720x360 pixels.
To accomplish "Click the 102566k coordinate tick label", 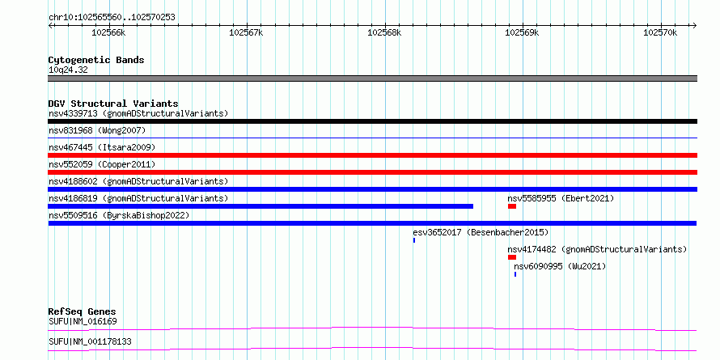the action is point(108,32).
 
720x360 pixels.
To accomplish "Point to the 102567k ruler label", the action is point(246,32).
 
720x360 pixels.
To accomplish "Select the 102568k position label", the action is point(384,32).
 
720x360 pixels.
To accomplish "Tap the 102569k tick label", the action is point(522,32).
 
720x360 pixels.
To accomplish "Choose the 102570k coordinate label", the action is point(660,32).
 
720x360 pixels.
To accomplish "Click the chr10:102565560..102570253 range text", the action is point(112,18).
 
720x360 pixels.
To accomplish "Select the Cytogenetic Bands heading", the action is point(96,60).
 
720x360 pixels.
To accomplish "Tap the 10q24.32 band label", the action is point(68,70).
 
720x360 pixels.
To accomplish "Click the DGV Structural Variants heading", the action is point(113,104).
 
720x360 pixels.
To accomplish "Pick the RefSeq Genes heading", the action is point(83,311).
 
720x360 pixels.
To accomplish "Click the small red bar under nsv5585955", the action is point(512,206).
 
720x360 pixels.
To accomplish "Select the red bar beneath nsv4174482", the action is point(512,257).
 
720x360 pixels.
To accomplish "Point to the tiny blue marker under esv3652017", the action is point(414,240).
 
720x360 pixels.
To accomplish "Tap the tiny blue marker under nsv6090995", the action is point(515,274).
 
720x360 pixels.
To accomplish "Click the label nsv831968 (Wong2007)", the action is point(97,130).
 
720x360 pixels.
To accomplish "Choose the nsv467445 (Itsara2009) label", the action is point(102,147).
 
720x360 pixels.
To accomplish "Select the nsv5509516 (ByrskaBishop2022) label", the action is point(119,215).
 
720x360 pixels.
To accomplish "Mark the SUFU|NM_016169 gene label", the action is point(83,321).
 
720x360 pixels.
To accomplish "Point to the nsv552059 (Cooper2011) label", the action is point(102,164).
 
